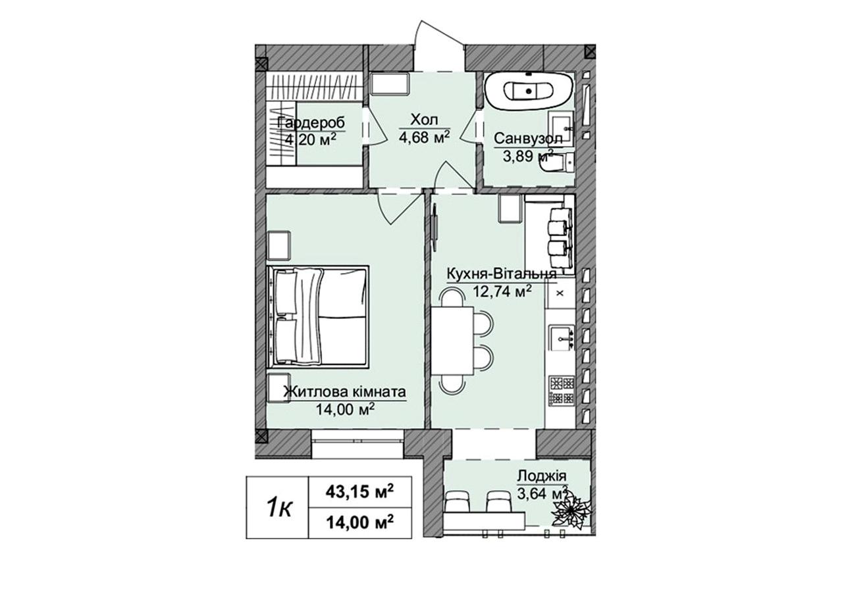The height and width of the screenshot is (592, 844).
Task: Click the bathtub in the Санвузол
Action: (x=529, y=91)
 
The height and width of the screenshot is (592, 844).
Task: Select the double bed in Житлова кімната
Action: (x=317, y=316)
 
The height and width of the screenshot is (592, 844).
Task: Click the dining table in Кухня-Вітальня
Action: (x=452, y=341)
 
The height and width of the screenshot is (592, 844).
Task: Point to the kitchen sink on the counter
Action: (x=562, y=338)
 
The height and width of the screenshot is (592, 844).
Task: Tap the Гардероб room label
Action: (x=311, y=123)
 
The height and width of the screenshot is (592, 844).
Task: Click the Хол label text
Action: (x=424, y=120)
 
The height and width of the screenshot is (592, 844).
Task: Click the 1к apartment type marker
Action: (x=279, y=508)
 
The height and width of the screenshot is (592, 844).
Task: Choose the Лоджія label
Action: (x=542, y=476)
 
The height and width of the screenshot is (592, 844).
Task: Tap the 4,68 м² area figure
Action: (x=425, y=137)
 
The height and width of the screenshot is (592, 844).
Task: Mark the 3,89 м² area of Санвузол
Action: (x=528, y=155)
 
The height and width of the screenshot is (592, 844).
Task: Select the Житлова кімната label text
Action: (x=344, y=392)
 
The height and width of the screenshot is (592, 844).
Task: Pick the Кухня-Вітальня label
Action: (x=502, y=274)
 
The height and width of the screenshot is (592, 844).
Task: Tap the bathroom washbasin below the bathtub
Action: (x=561, y=128)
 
